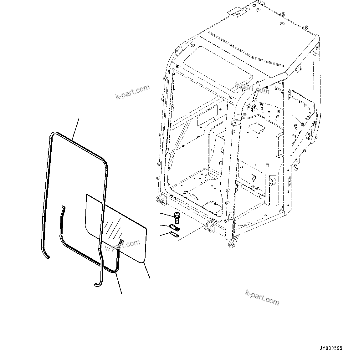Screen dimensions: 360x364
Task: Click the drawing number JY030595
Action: [x=331, y=348]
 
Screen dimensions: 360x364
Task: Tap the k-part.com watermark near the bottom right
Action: [x=262, y=297]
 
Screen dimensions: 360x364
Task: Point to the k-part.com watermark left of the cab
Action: [x=132, y=92]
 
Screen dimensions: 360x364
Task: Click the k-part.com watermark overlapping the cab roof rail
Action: [x=252, y=88]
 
